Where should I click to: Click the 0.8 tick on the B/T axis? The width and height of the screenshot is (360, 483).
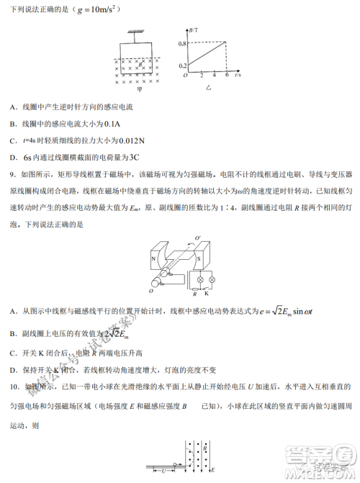[x=181, y=43]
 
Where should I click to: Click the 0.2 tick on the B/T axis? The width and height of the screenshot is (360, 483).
[x=181, y=65]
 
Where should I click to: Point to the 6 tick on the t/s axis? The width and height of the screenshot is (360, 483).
[x=227, y=75]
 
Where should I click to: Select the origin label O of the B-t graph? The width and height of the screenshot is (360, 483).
[x=185, y=75]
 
